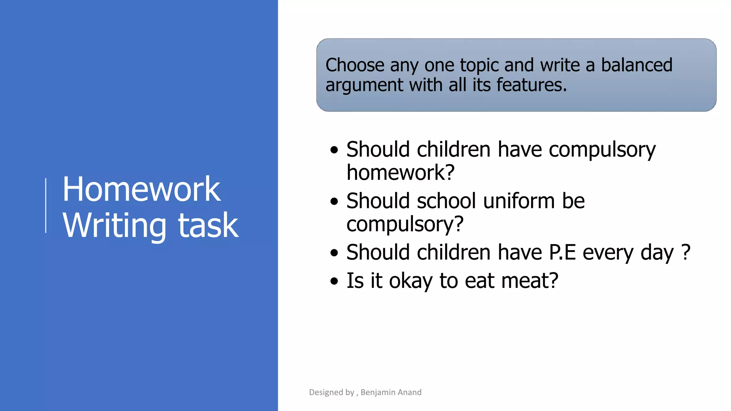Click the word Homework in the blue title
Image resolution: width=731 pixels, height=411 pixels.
tap(141, 189)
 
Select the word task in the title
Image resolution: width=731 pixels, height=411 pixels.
tap(208, 225)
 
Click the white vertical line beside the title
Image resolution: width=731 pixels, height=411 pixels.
tap(46, 205)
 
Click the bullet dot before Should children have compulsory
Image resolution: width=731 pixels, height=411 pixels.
tap(334, 150)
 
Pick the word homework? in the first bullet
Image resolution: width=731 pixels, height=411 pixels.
tap(400, 173)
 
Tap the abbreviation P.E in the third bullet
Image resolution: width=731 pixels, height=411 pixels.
tap(563, 253)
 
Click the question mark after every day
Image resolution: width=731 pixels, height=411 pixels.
tap(686, 252)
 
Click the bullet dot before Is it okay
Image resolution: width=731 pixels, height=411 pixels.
tap(334, 281)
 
